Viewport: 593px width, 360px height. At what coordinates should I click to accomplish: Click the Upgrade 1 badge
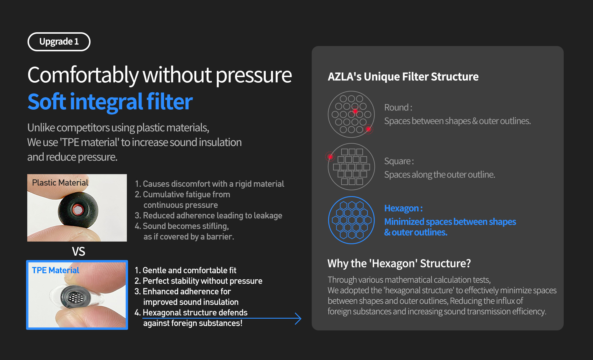pyautogui.click(x=59, y=42)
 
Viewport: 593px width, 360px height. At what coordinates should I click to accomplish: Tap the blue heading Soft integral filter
pyautogui.click(x=110, y=102)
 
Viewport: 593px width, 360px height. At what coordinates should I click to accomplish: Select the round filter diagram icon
pyautogui.click(x=351, y=114)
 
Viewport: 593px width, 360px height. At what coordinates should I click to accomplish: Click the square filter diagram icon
pyautogui.click(x=351, y=167)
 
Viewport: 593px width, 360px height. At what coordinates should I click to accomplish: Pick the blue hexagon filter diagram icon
pyautogui.click(x=351, y=220)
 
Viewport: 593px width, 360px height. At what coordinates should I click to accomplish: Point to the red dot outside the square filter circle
pyautogui.click(x=330, y=157)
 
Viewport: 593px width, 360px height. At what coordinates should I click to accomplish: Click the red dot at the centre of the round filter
pyautogui.click(x=355, y=111)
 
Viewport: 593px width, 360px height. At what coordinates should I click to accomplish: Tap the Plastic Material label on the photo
pyautogui.click(x=60, y=183)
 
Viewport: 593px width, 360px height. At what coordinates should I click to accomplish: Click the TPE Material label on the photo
pyautogui.click(x=55, y=270)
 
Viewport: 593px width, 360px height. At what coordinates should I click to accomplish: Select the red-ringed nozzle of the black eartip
pyautogui.click(x=78, y=210)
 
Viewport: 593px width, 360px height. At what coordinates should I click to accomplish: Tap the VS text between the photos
pyautogui.click(x=79, y=252)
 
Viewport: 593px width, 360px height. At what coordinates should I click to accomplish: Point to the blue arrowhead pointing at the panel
pyautogui.click(x=298, y=318)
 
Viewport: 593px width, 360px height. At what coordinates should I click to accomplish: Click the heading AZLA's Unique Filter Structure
pyautogui.click(x=403, y=77)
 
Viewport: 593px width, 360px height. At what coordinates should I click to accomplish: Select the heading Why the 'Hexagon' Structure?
pyautogui.click(x=399, y=264)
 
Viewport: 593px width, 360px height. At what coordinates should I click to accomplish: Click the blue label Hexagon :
pyautogui.click(x=403, y=208)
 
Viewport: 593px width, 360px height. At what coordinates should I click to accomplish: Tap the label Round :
pyautogui.click(x=398, y=108)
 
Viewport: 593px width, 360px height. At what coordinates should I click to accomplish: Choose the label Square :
pyautogui.click(x=399, y=161)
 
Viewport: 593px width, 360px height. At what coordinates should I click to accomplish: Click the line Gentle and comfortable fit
pyautogui.click(x=185, y=270)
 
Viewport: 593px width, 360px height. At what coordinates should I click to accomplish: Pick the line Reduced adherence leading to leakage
pyautogui.click(x=208, y=215)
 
